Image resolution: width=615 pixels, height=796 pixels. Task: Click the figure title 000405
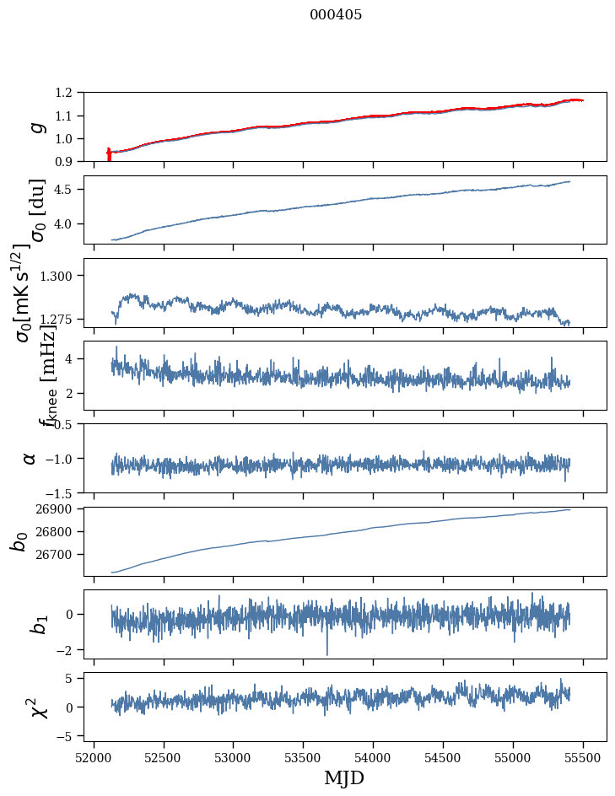pos(335,15)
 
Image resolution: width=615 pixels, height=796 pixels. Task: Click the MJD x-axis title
pos(344,777)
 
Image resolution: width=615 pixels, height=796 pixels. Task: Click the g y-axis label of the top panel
pos(35,127)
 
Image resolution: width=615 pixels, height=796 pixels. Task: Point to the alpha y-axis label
pos(30,458)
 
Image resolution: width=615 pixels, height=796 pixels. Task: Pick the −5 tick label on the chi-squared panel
pos(69,736)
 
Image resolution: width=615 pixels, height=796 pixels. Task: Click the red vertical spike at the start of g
pos(109,155)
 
